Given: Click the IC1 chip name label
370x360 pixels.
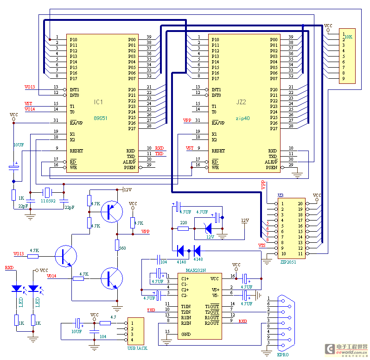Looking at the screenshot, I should [x=98, y=101].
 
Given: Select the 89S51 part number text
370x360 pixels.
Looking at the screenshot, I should [x=101, y=118].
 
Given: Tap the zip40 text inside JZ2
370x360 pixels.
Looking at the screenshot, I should [x=242, y=118].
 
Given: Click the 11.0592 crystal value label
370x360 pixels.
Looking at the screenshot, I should [x=48, y=200].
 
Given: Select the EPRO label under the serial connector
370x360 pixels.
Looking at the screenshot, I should [x=282, y=354].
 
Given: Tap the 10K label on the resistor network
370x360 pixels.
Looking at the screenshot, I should [x=348, y=36].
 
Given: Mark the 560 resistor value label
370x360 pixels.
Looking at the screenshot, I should [x=122, y=248].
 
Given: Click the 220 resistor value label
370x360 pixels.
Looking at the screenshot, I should [x=184, y=223].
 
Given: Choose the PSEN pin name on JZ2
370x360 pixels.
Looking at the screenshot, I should [x=272, y=167].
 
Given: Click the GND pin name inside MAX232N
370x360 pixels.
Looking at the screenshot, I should [x=185, y=334].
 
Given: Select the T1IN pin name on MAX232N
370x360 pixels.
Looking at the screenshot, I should [x=186, y=306].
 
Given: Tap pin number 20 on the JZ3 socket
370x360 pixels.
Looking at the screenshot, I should [x=300, y=203].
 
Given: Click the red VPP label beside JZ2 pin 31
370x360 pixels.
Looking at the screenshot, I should [x=188, y=120].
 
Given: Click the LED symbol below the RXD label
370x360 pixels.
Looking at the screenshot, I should [x=17, y=288].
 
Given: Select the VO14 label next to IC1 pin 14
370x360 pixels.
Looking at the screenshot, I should [x=30, y=109].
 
